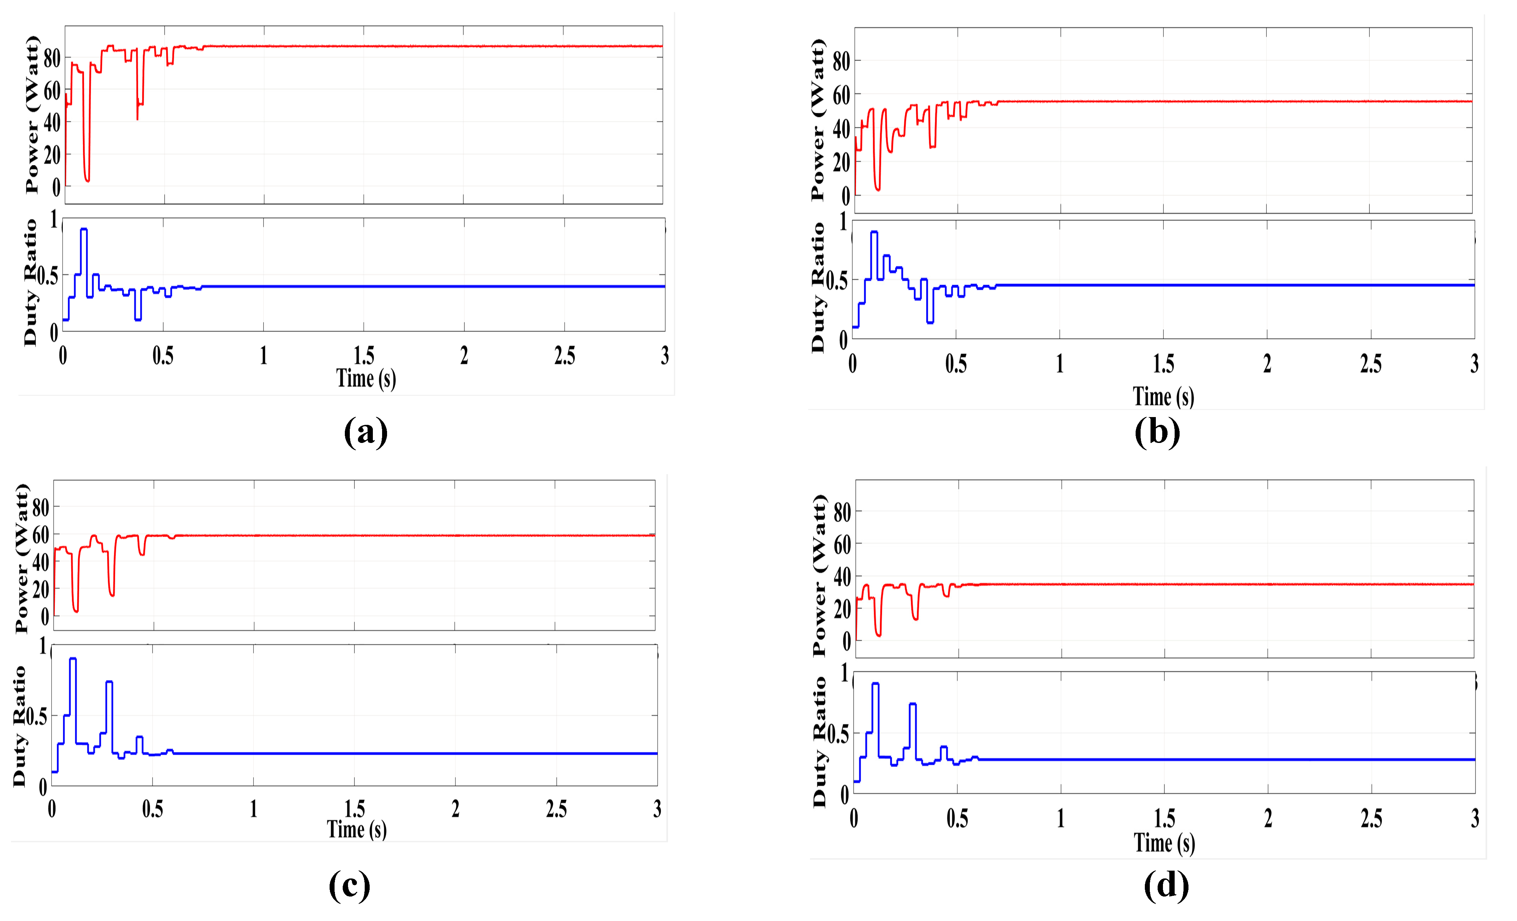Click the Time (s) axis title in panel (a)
pos(366,378)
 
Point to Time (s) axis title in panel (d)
pos(1164,843)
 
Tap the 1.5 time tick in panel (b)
pos(1163,364)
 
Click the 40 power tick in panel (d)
pos(842,577)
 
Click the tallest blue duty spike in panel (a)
pos(84,230)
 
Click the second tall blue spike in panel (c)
pos(110,682)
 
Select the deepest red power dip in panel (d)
pos(878,635)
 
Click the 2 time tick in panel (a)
pos(464,356)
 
